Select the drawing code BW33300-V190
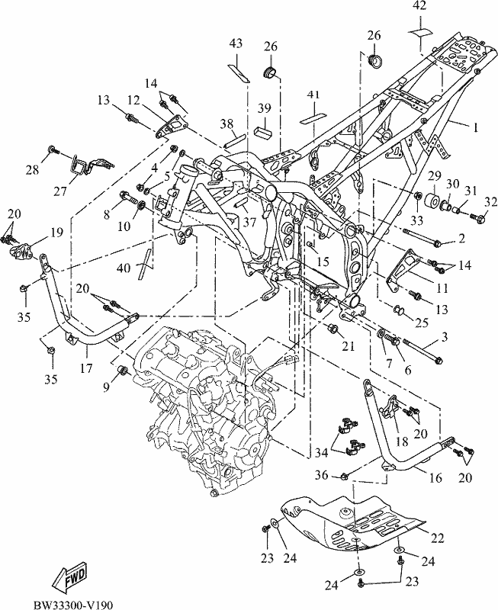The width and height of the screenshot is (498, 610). click(x=73, y=605)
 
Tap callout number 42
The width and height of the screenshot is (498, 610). click(x=419, y=6)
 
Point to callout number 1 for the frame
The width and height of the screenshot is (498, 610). click(x=475, y=127)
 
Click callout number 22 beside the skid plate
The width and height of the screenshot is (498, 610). click(x=436, y=538)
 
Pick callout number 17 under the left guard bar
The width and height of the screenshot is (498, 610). click(x=86, y=367)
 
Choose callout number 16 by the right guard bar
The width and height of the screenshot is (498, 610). click(x=435, y=477)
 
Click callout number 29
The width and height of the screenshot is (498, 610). click(x=435, y=176)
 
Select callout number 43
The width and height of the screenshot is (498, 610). click(x=236, y=43)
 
